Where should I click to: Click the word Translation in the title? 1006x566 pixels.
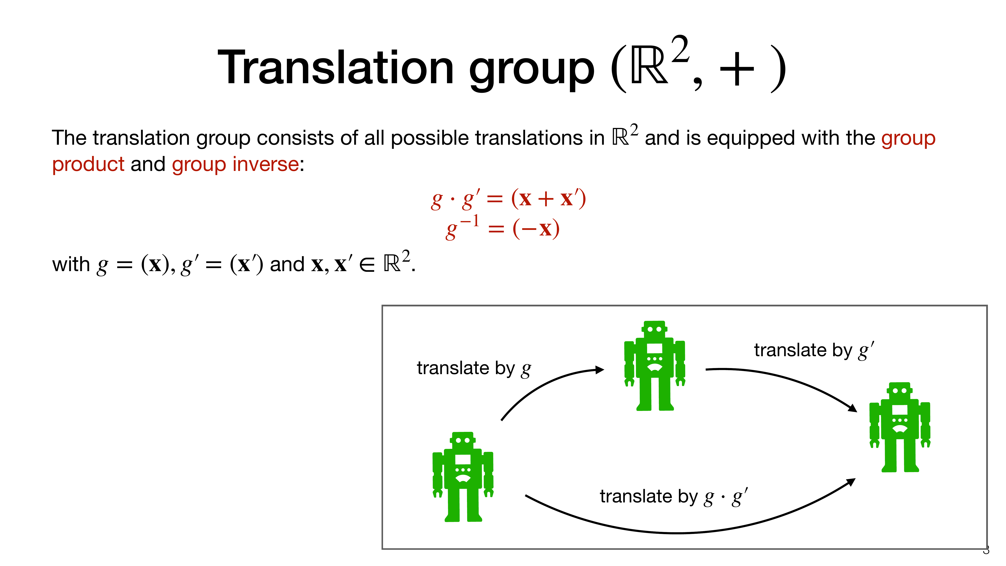[x=336, y=67]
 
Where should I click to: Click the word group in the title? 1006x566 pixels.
[x=532, y=70]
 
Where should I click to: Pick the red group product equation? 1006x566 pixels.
[x=508, y=199]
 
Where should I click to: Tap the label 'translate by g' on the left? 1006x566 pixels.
[x=474, y=368]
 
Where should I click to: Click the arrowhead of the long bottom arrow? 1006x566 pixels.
[x=851, y=482]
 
